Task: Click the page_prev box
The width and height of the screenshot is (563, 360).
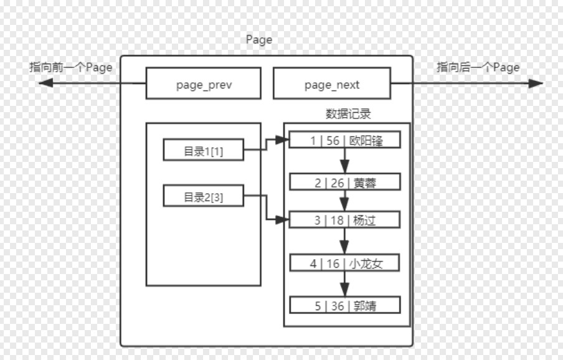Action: [203, 84]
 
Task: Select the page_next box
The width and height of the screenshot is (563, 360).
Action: [331, 84]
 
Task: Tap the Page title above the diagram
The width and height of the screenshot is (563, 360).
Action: [259, 40]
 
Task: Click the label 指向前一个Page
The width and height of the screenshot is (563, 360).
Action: [70, 67]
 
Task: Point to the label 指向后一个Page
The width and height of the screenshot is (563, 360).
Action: [478, 67]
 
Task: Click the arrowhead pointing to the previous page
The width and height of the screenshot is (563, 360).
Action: [44, 83]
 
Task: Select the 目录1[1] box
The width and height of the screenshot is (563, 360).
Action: [203, 150]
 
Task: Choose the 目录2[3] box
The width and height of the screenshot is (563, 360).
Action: [203, 196]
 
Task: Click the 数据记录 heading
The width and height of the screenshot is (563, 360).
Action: [348, 114]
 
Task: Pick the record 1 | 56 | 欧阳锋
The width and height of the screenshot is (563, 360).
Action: [345, 141]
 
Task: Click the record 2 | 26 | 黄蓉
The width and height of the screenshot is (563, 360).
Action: [345, 182]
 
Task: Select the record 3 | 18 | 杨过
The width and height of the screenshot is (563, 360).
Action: [345, 220]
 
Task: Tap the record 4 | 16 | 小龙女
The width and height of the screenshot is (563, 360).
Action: [345, 263]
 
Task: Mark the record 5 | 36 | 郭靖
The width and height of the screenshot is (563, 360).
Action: [345, 306]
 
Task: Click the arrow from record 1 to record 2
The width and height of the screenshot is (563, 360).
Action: [344, 161]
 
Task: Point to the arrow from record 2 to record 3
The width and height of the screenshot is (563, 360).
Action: [344, 201]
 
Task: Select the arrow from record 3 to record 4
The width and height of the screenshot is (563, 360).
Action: [344, 242]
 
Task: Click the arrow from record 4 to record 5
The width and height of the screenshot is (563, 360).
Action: [344, 285]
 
